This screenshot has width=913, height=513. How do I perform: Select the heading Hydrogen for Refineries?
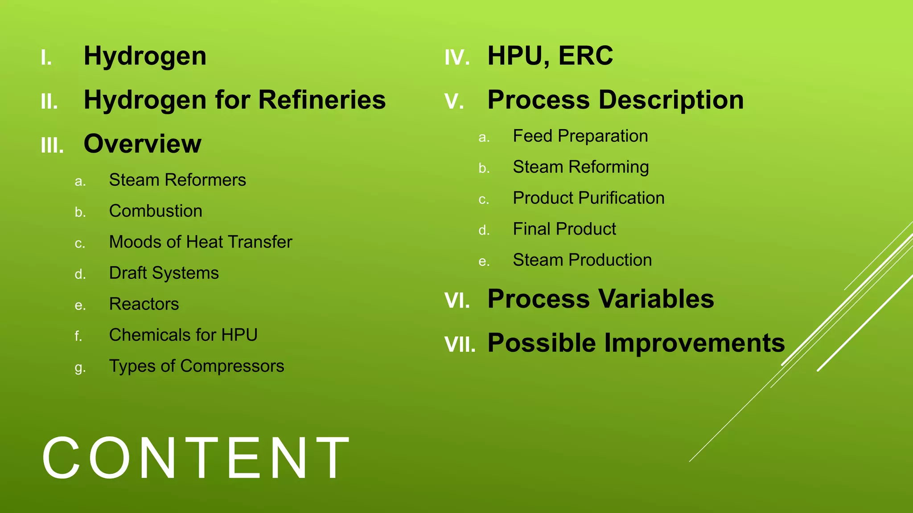234,100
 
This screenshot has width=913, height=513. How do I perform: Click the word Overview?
143,144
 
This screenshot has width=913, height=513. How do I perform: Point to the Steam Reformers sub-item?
177,180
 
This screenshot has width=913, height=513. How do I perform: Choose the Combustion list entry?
156,211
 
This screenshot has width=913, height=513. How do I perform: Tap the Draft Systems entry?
164,273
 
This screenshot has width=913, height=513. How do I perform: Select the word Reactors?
144,304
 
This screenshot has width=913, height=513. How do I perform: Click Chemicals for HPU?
183,335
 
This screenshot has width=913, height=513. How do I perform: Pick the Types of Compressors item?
197,366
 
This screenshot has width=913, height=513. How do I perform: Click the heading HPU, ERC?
550,56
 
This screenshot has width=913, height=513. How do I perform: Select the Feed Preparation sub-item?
580,136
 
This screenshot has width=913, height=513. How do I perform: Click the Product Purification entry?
588,198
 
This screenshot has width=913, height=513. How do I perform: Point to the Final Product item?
564,229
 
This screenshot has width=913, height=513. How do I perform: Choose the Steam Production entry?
582,260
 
